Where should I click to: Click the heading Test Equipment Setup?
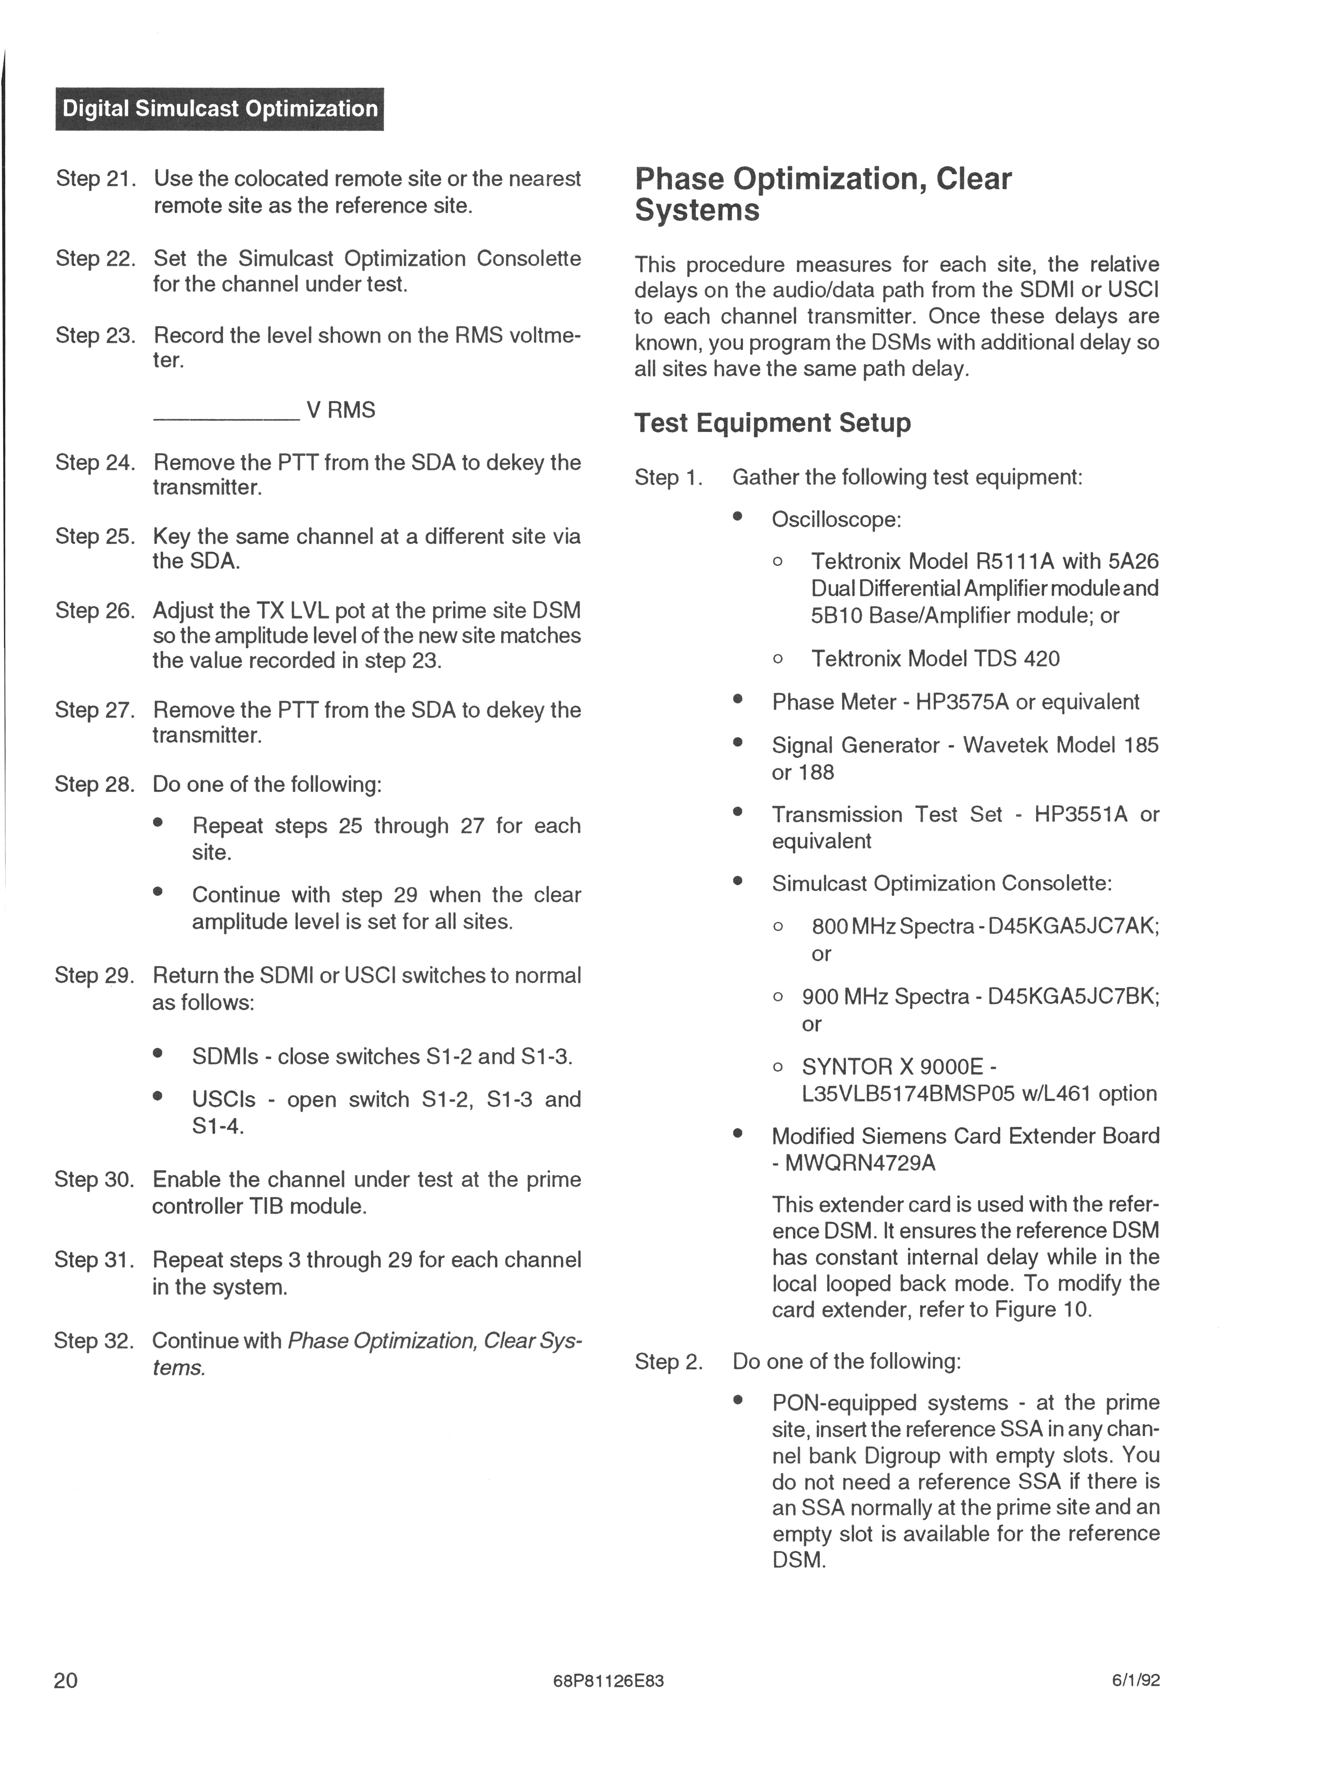click(772, 422)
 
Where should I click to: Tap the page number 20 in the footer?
click(66, 1680)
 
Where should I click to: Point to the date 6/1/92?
click(1135, 1681)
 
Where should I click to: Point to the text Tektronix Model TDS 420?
click(935, 659)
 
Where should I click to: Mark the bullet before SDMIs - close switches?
click(158, 1055)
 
